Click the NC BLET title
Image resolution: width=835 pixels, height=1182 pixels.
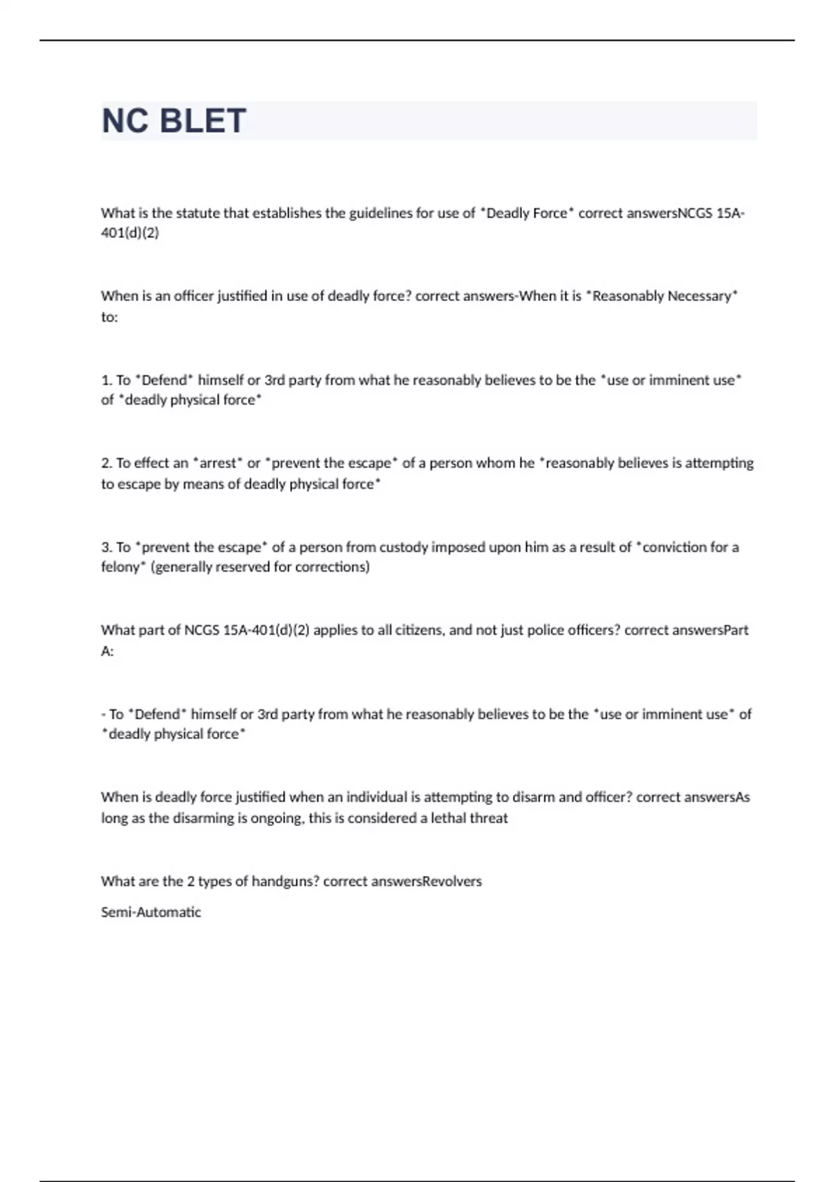click(x=174, y=121)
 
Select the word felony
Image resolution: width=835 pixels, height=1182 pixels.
click(x=120, y=567)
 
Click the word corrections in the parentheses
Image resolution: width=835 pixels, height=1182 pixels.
click(x=331, y=567)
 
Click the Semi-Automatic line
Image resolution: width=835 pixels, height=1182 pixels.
click(x=151, y=912)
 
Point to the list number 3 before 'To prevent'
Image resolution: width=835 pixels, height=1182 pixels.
click(x=106, y=547)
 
